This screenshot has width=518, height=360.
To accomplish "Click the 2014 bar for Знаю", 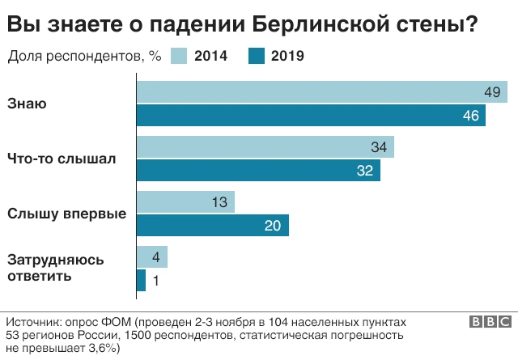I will (322, 92).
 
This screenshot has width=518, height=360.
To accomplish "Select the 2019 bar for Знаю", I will (312, 116).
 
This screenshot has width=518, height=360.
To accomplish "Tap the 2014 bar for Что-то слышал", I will (265, 147).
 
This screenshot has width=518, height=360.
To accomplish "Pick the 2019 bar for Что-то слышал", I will (258, 171).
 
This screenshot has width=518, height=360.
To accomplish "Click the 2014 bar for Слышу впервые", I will (186, 202).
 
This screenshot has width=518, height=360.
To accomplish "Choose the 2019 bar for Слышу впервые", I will (213, 226).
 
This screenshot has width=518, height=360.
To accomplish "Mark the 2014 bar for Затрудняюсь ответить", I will (152, 257).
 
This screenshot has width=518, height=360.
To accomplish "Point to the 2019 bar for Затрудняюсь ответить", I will (141, 280).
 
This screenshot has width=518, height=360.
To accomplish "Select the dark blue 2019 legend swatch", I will (257, 57).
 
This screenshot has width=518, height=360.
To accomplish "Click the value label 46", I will (471, 116).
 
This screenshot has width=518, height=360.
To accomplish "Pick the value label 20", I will (273, 226).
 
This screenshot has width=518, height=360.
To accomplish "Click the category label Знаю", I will (27, 104).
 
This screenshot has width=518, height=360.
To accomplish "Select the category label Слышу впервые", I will (66, 214).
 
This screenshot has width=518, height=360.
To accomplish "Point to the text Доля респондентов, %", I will (85, 57).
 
